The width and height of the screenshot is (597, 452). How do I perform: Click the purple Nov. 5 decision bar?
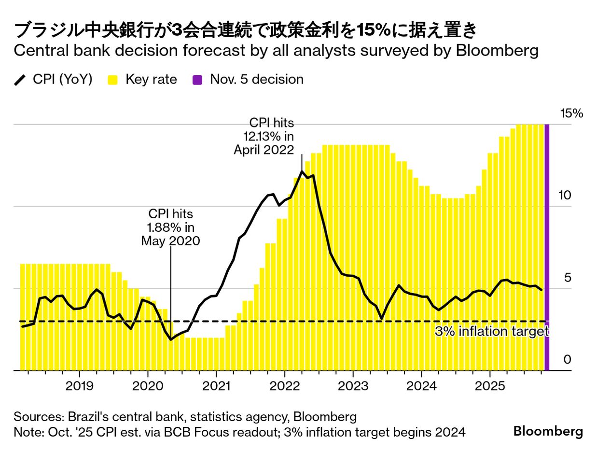(x=547, y=246)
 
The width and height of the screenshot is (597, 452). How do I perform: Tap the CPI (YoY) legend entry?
(x=53, y=80)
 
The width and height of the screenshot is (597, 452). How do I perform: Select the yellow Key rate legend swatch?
(x=112, y=80)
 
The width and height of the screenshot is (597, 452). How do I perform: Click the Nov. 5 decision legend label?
(x=256, y=80)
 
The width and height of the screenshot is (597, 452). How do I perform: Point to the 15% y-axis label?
(x=571, y=114)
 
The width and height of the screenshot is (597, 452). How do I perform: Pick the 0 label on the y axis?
(x=567, y=360)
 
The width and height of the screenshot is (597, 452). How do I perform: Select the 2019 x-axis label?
(x=79, y=386)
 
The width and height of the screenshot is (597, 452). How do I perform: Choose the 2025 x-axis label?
(x=489, y=386)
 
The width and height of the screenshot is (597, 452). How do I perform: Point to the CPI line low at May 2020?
(x=171, y=339)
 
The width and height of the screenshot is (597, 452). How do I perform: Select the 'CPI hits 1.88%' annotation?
(x=170, y=227)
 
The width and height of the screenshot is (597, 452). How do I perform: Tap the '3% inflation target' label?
(x=492, y=332)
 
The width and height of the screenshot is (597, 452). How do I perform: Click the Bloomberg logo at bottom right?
(x=548, y=431)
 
